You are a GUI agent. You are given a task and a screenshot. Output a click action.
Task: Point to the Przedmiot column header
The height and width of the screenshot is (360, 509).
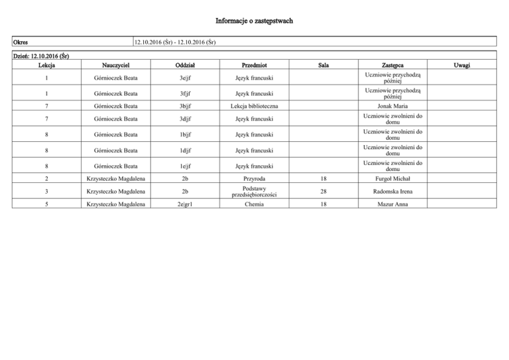click(x=254, y=65)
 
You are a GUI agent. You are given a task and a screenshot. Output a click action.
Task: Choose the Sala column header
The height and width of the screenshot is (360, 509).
click(x=323, y=65)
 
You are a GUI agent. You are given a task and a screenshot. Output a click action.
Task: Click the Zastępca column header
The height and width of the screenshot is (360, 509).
click(x=393, y=65)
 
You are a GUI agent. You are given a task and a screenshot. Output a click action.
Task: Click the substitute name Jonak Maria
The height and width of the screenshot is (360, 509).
click(x=393, y=105)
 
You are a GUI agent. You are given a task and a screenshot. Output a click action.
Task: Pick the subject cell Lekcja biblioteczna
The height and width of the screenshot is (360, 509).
click(x=254, y=105)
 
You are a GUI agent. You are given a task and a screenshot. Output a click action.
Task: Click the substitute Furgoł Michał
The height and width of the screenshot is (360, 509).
click(x=393, y=178)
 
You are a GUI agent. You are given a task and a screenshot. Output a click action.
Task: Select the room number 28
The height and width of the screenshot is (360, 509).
click(x=323, y=192)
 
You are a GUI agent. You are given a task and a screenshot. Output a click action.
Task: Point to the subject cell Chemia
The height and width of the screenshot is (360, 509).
click(x=254, y=205)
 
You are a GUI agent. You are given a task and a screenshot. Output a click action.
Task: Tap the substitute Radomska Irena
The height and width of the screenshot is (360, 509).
click(x=393, y=192)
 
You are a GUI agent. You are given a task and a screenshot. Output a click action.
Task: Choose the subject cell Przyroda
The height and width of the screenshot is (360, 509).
click(x=254, y=178)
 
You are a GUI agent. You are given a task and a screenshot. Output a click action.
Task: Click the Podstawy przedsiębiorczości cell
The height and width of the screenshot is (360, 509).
click(x=254, y=192)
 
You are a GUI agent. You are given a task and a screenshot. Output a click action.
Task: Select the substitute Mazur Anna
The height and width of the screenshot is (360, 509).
click(x=393, y=205)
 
